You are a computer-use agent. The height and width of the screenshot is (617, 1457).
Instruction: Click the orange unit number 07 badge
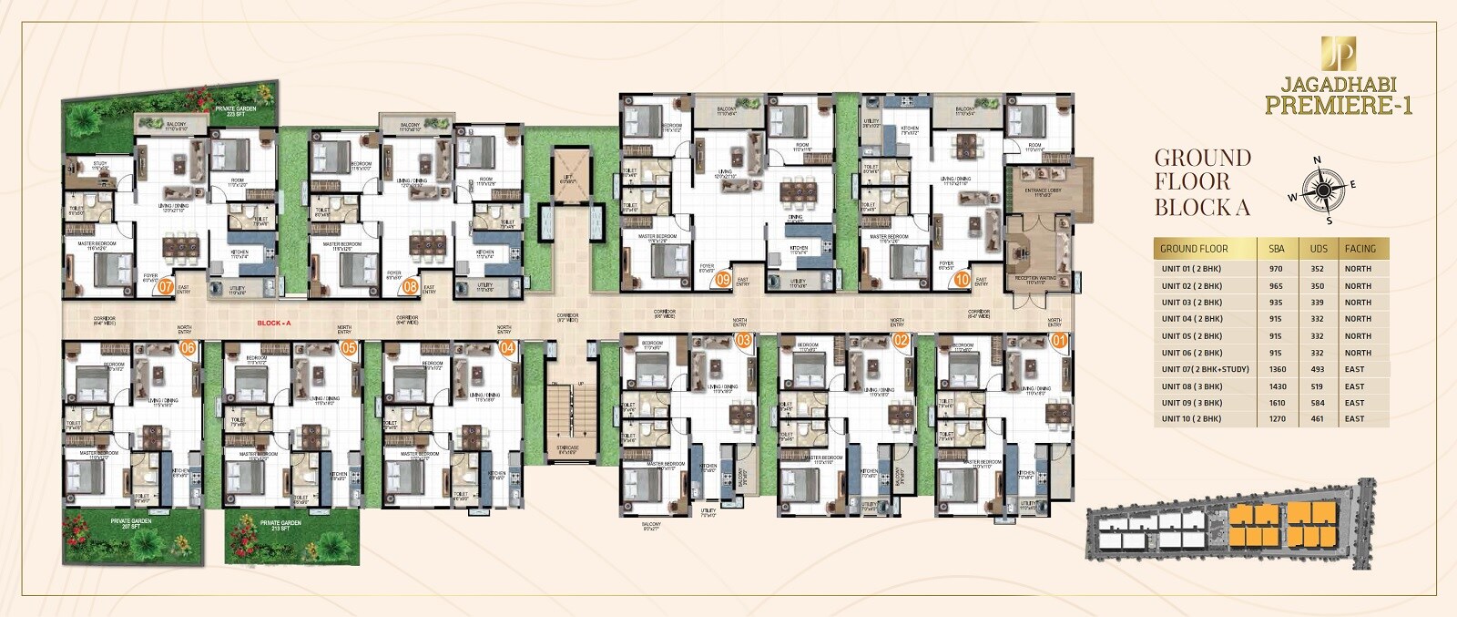166,286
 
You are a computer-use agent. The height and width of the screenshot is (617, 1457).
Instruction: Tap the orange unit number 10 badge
962,281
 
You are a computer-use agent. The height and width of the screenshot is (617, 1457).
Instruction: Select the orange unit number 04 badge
507,347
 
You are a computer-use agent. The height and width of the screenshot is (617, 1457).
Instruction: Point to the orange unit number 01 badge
1058,341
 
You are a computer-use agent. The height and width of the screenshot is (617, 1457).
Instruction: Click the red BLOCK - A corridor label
273,323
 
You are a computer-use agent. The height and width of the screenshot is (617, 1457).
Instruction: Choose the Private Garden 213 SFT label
280,525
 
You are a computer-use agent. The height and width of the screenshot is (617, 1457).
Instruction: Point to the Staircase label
567,450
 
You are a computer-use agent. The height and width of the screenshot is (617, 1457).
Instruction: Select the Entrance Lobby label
1043,191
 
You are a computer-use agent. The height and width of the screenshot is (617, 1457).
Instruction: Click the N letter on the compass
1317,160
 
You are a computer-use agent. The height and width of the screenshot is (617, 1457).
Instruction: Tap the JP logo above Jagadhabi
1338,54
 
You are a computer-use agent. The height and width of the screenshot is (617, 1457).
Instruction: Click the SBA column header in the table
1277,249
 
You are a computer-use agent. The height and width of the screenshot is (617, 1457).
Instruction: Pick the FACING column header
1360,249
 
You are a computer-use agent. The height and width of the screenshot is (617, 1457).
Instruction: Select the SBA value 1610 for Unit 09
1278,403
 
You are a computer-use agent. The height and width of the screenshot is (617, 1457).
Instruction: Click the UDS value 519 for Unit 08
1317,386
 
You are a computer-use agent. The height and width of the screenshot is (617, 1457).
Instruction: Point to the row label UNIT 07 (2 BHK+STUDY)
1205,370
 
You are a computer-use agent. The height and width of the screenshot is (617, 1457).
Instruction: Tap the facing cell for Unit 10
1354,419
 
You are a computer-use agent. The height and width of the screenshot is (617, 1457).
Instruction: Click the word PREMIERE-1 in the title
1338,106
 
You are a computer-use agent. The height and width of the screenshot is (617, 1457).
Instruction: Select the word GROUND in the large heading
1202,159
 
